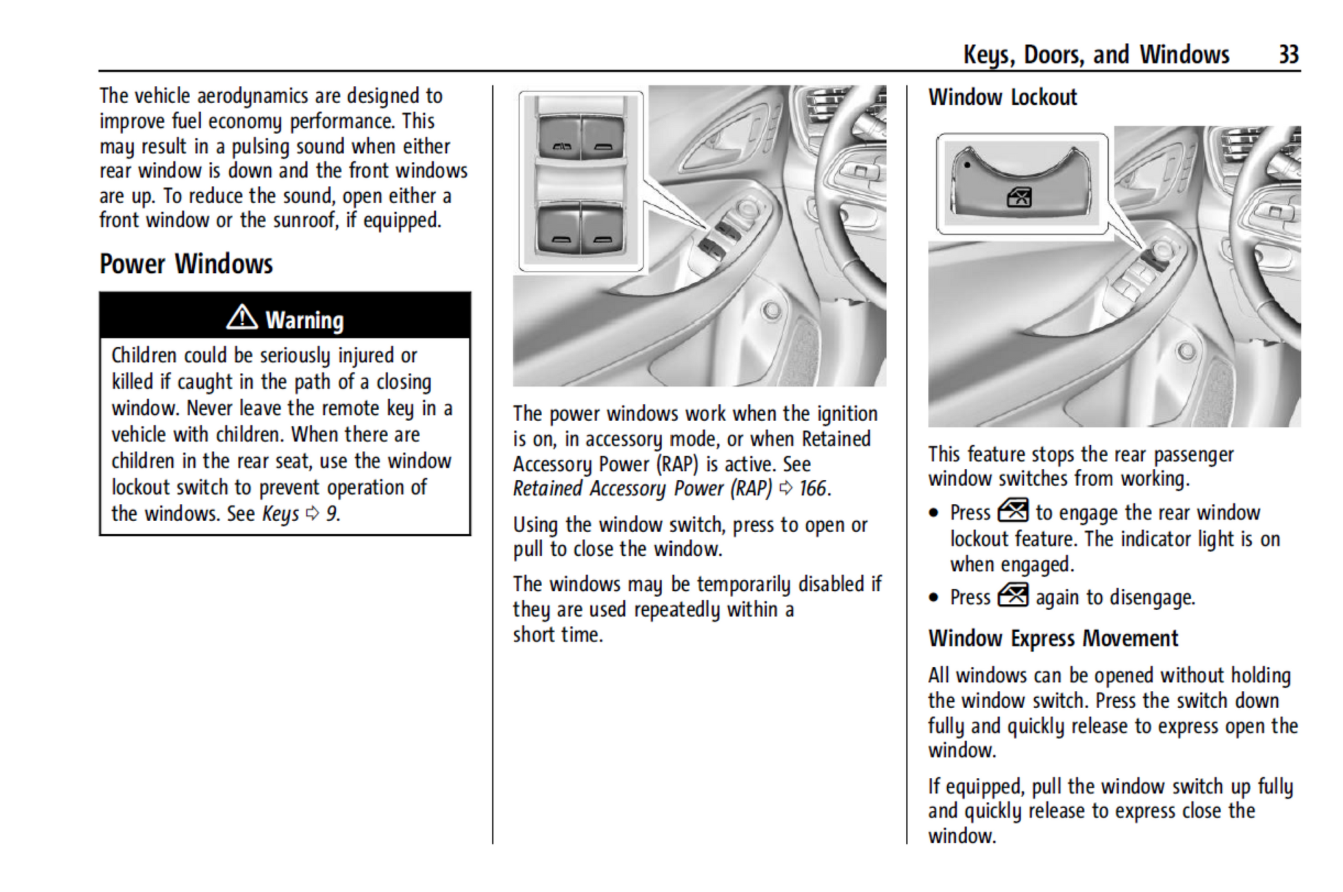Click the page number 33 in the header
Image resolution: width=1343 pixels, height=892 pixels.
pos(1288,54)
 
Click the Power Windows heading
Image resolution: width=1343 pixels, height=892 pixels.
pos(186,264)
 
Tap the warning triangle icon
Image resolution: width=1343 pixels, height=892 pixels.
pos(242,317)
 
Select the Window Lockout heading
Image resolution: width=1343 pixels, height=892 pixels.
pos(1002,97)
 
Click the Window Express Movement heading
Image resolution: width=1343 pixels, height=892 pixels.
pos(1052,638)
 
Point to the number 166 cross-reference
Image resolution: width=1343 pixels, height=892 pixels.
pos(812,488)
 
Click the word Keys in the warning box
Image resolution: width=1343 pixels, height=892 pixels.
pos(280,514)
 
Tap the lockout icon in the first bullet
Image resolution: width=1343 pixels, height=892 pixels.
pos(1012,511)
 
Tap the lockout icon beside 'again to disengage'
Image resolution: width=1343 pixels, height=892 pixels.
pos(1012,595)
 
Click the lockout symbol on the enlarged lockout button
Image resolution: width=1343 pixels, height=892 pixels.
pos(1019,198)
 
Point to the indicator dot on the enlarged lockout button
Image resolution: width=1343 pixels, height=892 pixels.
pos(968,165)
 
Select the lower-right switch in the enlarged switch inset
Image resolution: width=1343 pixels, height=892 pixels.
pos(602,231)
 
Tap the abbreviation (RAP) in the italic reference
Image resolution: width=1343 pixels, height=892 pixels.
pos(751,488)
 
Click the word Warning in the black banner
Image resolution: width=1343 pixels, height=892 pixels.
pos(304,320)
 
